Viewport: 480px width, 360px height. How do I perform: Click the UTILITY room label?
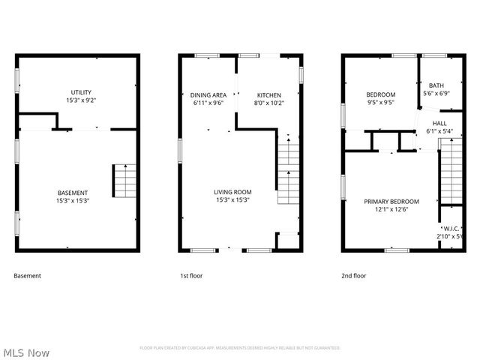77,91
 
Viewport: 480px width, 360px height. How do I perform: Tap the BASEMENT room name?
73,192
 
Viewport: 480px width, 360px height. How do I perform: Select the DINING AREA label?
208,95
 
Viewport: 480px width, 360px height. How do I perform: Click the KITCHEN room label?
268,95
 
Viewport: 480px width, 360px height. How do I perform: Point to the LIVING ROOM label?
232,192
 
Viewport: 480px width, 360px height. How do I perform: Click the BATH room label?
436,85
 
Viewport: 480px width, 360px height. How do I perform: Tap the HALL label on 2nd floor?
439,122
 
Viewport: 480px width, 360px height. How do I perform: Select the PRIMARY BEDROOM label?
391,201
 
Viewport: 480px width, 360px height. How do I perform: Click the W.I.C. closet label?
451,229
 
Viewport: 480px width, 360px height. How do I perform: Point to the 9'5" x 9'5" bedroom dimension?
381,103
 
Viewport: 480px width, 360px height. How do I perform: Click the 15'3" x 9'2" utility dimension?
77,100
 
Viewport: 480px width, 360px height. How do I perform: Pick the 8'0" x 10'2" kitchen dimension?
268,103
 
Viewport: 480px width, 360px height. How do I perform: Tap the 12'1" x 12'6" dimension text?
391,209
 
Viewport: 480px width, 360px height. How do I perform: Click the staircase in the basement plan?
124,181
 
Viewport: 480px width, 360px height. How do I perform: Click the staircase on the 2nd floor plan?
451,172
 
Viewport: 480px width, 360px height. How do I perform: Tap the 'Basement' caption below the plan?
28,276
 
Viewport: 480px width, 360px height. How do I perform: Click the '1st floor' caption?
190,276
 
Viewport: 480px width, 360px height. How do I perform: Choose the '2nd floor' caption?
354,276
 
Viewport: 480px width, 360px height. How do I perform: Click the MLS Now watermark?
26,352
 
